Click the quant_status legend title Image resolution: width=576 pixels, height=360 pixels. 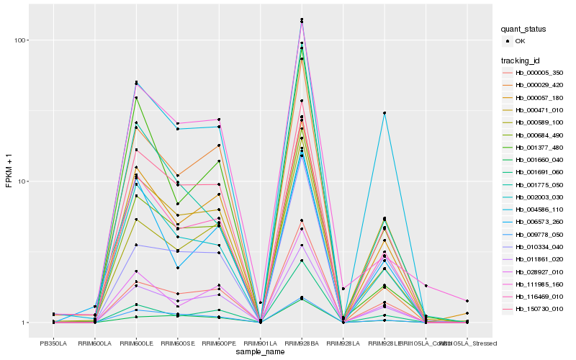coord(526,29)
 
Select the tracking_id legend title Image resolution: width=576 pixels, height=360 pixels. coord(521,60)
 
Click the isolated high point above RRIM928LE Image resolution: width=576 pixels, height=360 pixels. coord(384,113)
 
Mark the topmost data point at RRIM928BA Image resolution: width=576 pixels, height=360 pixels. coord(302,19)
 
